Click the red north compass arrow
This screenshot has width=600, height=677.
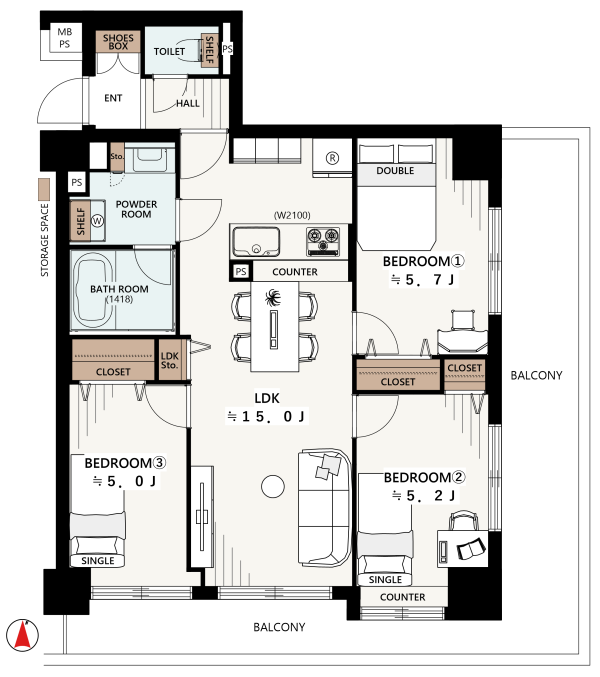pos(22,636)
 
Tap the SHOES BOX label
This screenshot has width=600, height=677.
pos(118,42)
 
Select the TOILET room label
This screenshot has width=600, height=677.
pos(169,51)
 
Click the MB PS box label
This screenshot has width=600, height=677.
pos(65,38)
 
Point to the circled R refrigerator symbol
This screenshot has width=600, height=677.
pos(332,158)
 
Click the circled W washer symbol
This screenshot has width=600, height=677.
pos(98,221)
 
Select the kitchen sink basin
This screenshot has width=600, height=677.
pos(256,241)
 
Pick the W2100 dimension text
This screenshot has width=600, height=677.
pos(292,215)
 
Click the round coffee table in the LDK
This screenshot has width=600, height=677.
pos(273,486)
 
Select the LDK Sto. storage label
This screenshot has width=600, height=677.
pos(169,361)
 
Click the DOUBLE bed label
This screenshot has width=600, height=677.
pos(395,171)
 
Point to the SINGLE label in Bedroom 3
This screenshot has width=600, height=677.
pos(98,561)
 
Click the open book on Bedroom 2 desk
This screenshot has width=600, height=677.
pos(471,549)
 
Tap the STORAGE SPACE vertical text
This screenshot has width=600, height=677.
pos(44,240)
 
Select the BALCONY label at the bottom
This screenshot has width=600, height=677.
pos(279,627)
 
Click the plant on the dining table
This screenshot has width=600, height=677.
pos(273,297)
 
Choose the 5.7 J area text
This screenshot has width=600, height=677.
pos(423,280)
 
